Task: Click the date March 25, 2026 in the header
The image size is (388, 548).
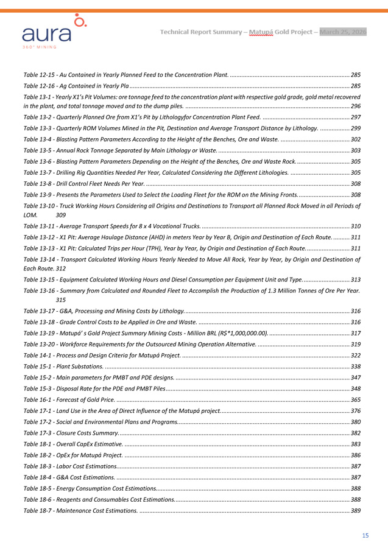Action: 343,32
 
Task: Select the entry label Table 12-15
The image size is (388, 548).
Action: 40,74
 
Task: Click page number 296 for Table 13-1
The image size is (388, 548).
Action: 356,106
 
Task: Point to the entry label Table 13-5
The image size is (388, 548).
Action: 38,150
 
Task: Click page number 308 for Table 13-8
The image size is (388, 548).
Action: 356,183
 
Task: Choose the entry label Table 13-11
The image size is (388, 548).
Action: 40,226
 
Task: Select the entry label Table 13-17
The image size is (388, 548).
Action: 40,312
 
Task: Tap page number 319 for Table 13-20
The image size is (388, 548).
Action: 356,344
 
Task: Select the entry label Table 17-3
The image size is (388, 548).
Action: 38,432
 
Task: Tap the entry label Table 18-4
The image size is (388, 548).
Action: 38,477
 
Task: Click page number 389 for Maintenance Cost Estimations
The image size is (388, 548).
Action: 356,510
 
